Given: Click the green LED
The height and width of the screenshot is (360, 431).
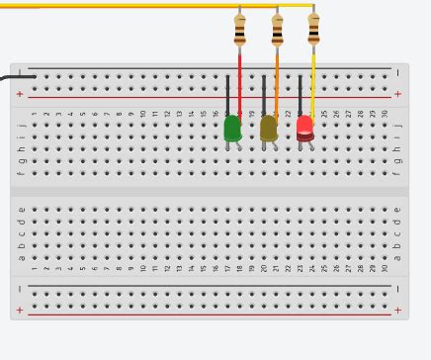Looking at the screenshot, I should click(x=232, y=128).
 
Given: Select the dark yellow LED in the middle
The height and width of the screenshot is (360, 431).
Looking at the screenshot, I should click(x=268, y=128).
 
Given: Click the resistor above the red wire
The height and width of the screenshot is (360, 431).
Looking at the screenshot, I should click(x=240, y=30).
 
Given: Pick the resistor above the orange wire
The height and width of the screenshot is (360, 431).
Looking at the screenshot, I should click(x=277, y=30).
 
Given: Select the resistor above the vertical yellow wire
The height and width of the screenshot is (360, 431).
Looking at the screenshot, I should click(x=313, y=29).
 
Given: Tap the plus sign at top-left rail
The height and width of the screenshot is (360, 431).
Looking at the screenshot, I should click(x=20, y=95).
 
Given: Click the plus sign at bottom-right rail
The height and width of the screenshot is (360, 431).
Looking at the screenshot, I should click(x=398, y=311).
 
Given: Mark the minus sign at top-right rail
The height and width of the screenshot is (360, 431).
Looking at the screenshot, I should click(x=398, y=73).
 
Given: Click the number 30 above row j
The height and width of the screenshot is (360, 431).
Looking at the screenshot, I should click(x=385, y=114).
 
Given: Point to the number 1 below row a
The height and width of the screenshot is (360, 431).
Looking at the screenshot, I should click(x=34, y=268).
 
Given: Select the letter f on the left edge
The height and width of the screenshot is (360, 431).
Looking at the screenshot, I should click(x=21, y=173).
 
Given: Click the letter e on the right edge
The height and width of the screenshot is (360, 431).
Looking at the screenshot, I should click(x=398, y=210).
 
